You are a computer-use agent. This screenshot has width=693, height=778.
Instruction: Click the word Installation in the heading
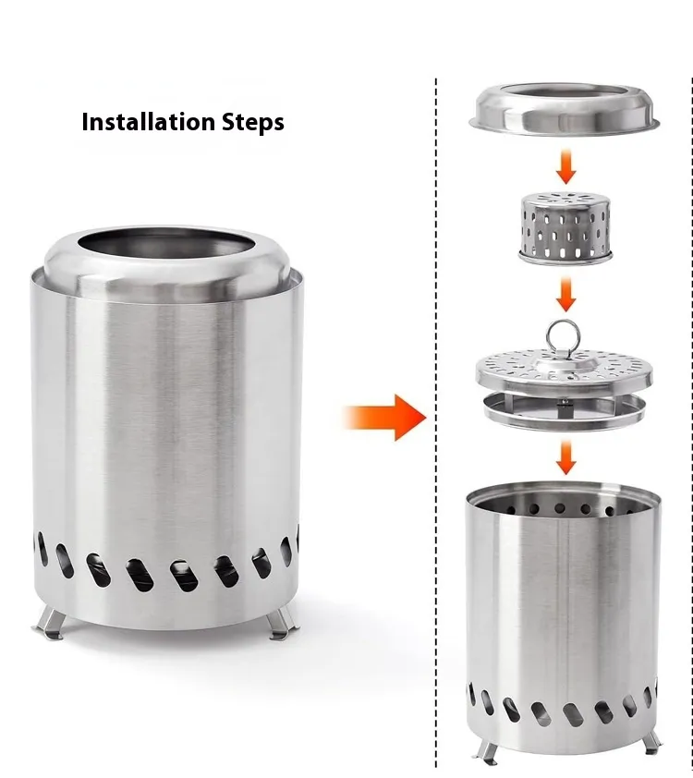pos(148,122)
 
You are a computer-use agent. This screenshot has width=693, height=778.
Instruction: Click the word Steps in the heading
pos(253,123)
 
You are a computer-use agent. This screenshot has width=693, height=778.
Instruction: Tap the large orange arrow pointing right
pos(385,418)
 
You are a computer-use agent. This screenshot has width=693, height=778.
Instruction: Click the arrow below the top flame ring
pos(565,166)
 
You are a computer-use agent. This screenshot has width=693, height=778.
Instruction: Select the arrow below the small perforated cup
pos(565,294)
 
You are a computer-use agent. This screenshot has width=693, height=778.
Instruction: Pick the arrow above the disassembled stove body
pos(565,457)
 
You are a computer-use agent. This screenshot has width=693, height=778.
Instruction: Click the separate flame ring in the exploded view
pos(564,110)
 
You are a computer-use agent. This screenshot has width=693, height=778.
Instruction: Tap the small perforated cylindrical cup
pos(565,227)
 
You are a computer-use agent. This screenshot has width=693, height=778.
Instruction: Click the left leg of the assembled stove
pos(50,622)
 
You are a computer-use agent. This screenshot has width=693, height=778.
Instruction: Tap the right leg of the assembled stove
pos(282,624)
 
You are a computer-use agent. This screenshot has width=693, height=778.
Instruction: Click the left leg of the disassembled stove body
pos(486,751)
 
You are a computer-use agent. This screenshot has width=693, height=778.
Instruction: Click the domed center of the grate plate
pos(564,365)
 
